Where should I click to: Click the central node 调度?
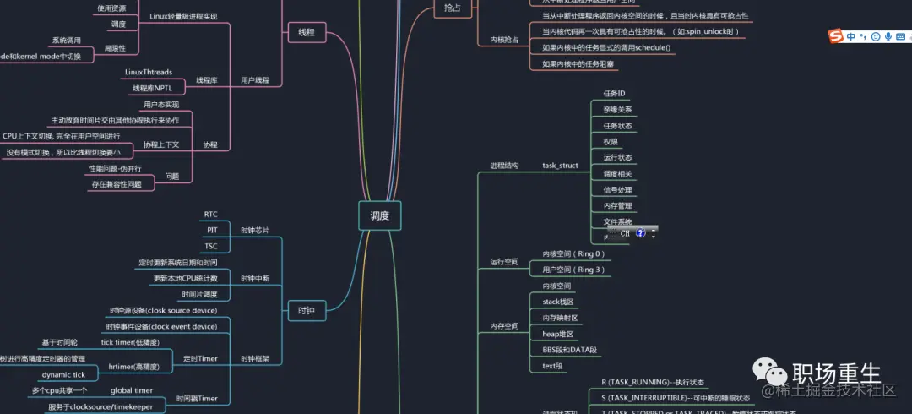click(x=379, y=215)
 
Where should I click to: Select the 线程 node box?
click(x=307, y=32)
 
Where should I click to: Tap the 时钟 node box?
click(x=307, y=311)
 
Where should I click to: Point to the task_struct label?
click(x=560, y=166)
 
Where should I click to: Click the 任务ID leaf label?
click(x=614, y=93)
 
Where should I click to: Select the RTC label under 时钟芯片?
click(x=211, y=214)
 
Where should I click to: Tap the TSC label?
click(x=211, y=246)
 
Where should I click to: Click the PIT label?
click(x=212, y=230)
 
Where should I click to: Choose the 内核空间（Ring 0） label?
click(x=573, y=253)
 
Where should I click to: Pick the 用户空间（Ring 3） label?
click(x=573, y=270)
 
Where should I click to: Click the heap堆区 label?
click(x=558, y=334)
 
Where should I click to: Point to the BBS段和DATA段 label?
click(x=569, y=350)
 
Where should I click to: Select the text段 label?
click(x=552, y=366)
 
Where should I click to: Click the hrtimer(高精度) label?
click(x=133, y=368)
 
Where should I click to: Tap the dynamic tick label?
click(x=64, y=375)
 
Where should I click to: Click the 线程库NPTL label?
click(x=152, y=88)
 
